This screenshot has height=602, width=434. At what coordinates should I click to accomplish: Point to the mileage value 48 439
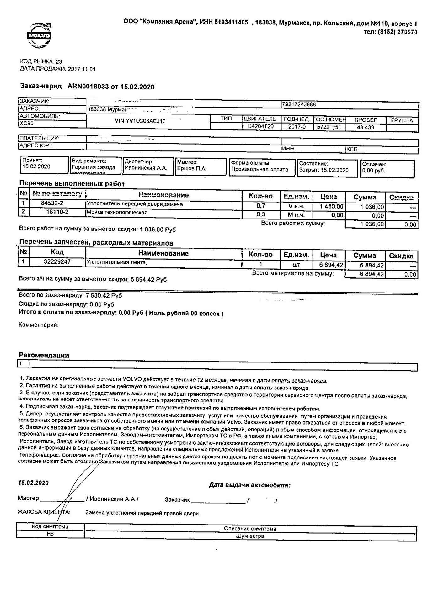coord(365,127)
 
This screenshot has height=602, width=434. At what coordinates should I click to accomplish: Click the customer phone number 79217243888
coord(299,104)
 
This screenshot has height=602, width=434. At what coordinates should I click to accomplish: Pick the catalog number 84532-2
coord(52,203)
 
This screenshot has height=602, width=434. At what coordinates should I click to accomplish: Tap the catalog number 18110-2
coord(57,212)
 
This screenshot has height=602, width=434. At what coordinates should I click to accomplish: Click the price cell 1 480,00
coord(331,207)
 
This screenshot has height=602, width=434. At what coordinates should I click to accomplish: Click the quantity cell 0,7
coord(261,206)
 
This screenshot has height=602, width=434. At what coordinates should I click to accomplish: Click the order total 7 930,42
coord(104,295)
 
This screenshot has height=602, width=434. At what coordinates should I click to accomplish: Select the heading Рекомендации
coord(44,355)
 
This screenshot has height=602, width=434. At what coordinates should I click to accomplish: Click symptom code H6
coord(50,534)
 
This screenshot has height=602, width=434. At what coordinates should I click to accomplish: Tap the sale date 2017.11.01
coord(81,69)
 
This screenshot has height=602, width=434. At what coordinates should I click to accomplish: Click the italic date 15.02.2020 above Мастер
coord(34,483)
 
